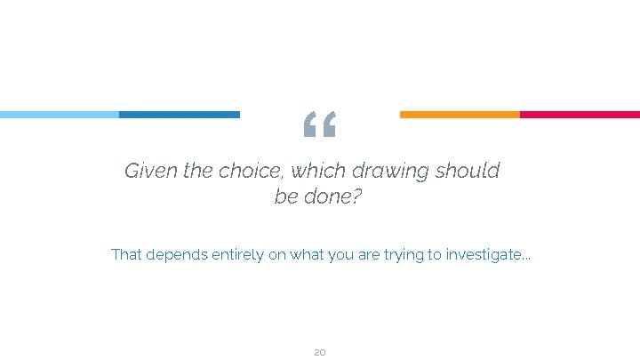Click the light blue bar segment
pos(60,115)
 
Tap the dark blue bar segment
pos(180,115)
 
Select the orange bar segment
pos(460,115)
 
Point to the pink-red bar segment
pos(580,115)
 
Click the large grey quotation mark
pos(319,126)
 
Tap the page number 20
pos(320,353)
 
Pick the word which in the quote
pos(318,171)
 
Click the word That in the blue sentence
pos(125,255)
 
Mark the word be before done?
pos(285,196)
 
